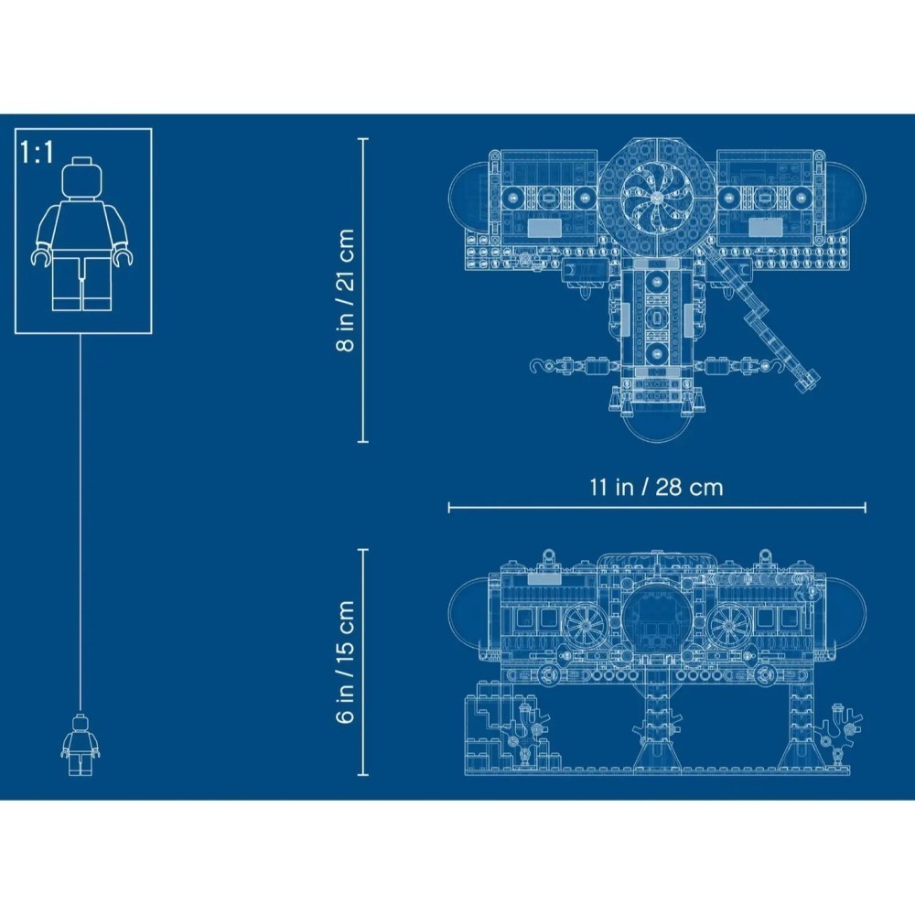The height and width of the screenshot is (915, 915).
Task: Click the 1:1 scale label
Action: [37, 152]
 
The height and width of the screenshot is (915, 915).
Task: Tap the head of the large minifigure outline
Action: [81, 178]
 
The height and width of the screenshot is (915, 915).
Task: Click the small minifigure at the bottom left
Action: [80, 745]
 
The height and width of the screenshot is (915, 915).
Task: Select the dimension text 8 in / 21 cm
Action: [346, 290]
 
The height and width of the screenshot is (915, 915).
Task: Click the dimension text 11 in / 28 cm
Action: [656, 488]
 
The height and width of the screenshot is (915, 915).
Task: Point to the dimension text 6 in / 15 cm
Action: [346, 662]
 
